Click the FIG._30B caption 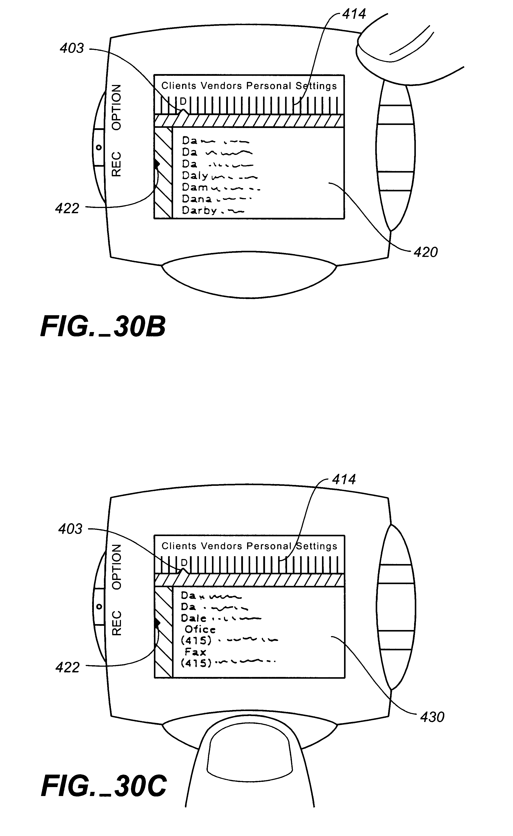click(103, 327)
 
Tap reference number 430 click(432, 717)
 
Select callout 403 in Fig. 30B click(72, 48)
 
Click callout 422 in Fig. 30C click(67, 668)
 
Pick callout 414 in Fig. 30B click(354, 14)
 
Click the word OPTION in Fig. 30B click(116, 107)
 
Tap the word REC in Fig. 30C click(116, 623)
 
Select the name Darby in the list click(199, 210)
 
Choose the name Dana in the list click(197, 199)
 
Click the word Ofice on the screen click(200, 630)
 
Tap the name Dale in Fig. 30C click(193, 618)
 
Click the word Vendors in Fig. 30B click(221, 86)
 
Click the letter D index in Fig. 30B click(183, 101)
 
